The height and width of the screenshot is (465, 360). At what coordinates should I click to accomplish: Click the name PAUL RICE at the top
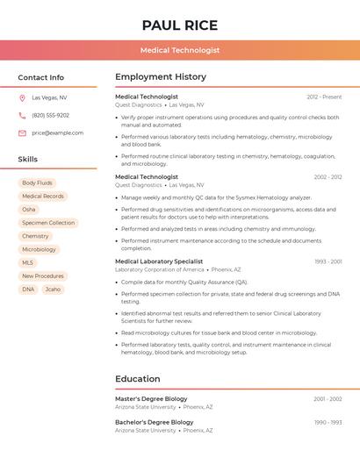pos(179,25)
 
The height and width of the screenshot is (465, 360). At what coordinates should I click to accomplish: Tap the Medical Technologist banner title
pos(179,50)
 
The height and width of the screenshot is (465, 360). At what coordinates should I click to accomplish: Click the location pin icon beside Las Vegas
pos(22,97)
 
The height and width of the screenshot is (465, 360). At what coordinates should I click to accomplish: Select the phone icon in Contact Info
pos(22,115)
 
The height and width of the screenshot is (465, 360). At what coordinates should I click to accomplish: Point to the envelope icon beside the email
pos(22,133)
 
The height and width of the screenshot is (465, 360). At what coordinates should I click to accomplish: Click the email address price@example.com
pos(57,133)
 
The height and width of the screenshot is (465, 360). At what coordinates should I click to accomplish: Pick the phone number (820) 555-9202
pos(50,115)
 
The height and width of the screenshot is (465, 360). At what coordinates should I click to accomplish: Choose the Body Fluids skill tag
pos(37,182)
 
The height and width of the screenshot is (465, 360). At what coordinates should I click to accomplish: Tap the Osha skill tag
pos(29,210)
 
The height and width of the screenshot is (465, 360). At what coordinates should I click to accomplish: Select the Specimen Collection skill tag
pos(48,223)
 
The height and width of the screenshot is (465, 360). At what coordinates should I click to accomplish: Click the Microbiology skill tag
pos(39,249)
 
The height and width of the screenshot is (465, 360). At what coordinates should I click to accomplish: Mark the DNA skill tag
pos(28,289)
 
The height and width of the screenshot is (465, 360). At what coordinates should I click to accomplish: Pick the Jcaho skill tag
pos(53,289)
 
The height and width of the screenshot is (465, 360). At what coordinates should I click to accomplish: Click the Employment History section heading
pos(161,77)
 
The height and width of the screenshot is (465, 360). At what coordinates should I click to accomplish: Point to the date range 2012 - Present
pos(324,97)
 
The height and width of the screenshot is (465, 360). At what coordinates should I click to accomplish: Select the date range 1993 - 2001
pos(328,261)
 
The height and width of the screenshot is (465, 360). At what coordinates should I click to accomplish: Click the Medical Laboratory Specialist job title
pos(159,261)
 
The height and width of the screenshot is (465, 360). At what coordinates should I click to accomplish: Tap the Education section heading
pos(137,379)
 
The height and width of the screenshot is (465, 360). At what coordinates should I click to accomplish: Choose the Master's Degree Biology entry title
pos(151,399)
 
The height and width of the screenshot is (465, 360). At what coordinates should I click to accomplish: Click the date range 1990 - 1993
pos(328,422)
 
